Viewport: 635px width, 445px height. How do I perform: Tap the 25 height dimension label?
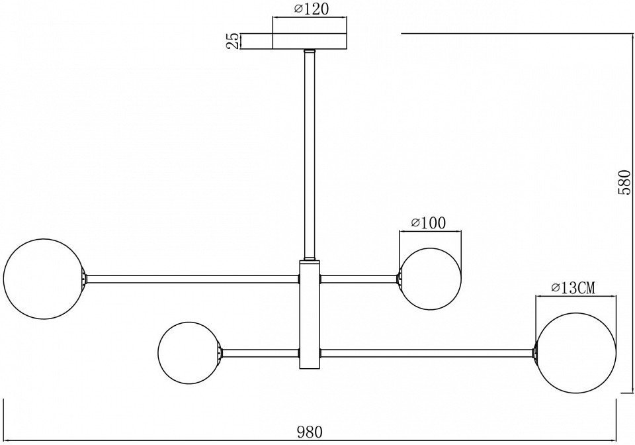point(233,41)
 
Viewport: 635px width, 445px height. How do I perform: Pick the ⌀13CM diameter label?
point(573,288)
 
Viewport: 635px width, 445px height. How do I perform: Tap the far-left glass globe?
point(44,279)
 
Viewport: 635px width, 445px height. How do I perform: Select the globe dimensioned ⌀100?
point(430,279)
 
